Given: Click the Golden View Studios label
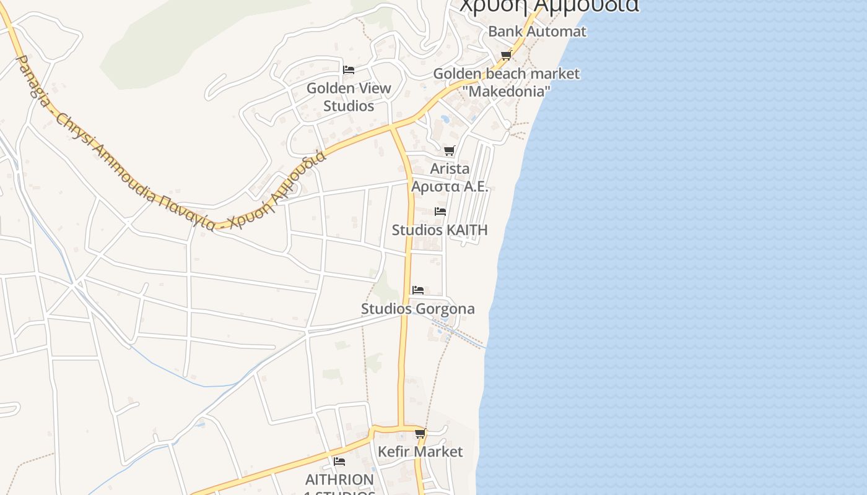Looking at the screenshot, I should point(349,97).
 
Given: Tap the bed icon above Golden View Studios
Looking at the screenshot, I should point(349,70).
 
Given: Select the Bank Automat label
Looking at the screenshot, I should point(537,31).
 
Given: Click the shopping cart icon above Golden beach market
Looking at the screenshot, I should point(506,56).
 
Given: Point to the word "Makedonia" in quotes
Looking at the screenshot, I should point(507,92).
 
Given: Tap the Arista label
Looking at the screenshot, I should point(450,168).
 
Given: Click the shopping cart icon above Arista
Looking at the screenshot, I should point(450,150).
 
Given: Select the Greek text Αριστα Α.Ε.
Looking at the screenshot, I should point(450,186).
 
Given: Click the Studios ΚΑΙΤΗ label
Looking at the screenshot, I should point(440,230).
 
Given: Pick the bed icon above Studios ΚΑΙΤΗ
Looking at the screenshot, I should point(440,212).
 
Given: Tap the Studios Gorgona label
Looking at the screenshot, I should point(418,309).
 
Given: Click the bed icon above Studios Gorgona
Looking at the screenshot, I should point(418,290).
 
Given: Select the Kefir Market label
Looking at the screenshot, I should point(420,452).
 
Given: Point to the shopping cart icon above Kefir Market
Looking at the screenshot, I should point(420,433).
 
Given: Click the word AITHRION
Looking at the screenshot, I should point(339,480).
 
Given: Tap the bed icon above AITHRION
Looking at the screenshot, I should point(339,462).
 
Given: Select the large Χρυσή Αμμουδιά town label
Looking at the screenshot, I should point(548,5).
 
